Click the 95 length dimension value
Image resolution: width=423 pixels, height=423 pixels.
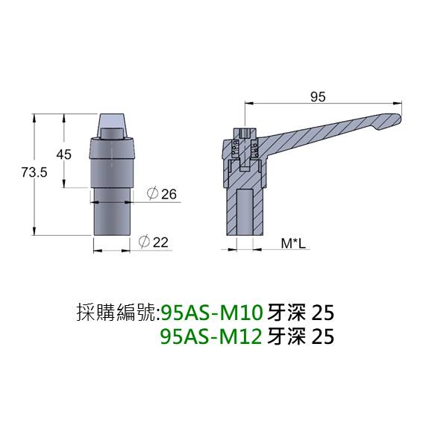[x=318, y=96]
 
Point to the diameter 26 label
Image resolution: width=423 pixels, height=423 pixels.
[x=162, y=194]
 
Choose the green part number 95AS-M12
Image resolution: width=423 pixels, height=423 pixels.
[x=210, y=336]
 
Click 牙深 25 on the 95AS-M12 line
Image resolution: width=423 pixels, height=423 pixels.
[x=299, y=336]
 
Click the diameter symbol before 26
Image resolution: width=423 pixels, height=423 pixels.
[x=151, y=194]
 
